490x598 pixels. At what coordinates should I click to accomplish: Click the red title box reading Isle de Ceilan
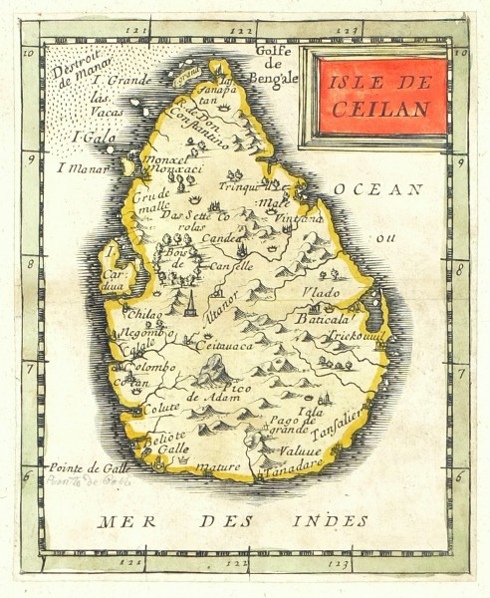377,97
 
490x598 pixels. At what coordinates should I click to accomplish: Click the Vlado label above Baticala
323,293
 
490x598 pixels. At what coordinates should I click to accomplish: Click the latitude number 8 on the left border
31,264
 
